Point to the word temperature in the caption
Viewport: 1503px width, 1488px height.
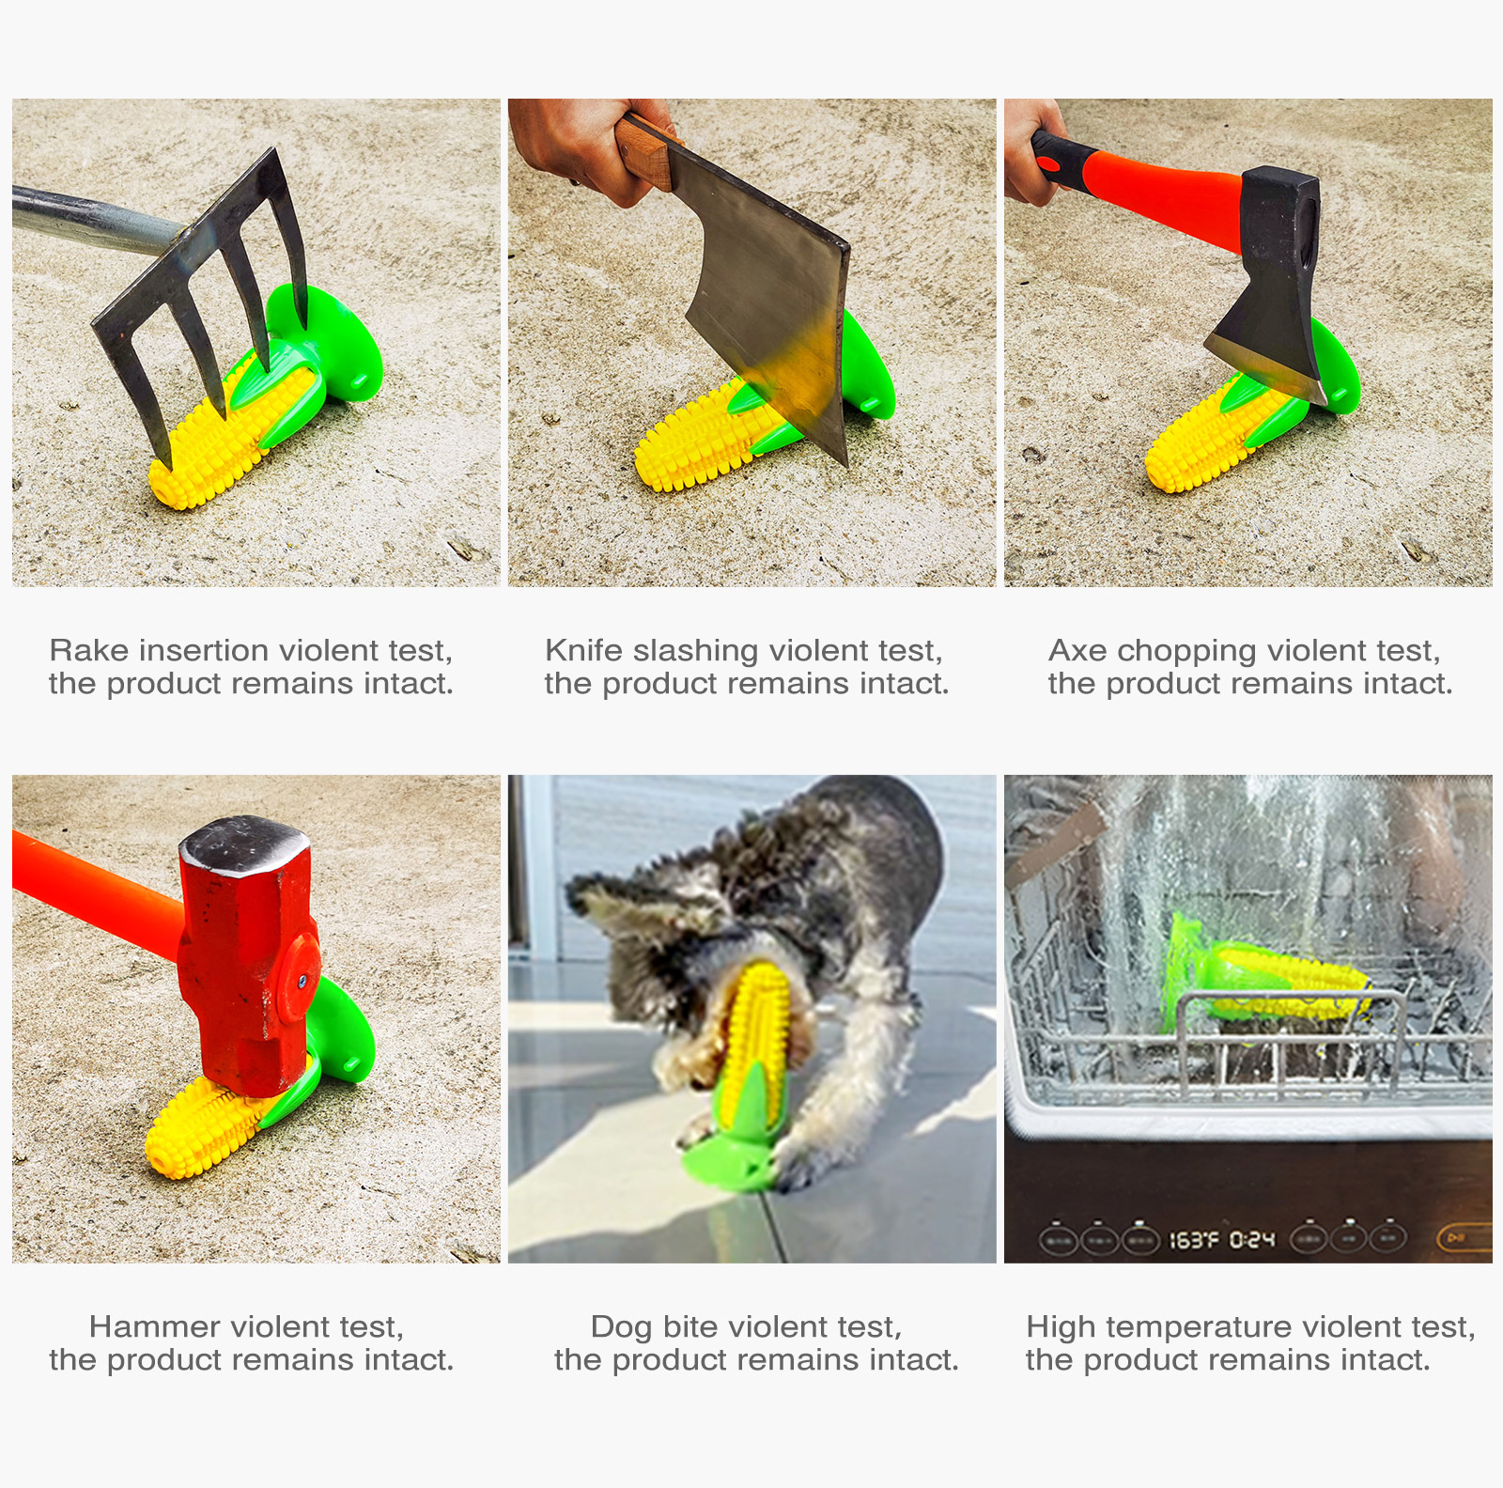point(1201,1326)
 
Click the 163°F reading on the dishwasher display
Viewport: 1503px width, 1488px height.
point(1193,1240)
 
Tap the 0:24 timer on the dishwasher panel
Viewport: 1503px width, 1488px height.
point(1253,1240)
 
